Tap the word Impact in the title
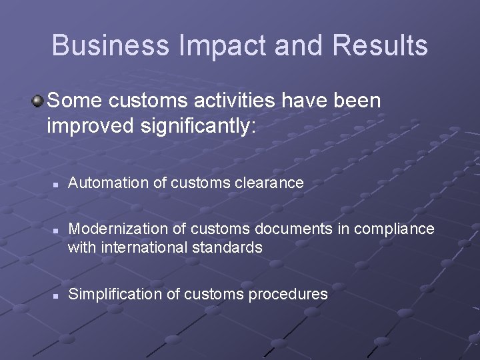pos(207,45)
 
